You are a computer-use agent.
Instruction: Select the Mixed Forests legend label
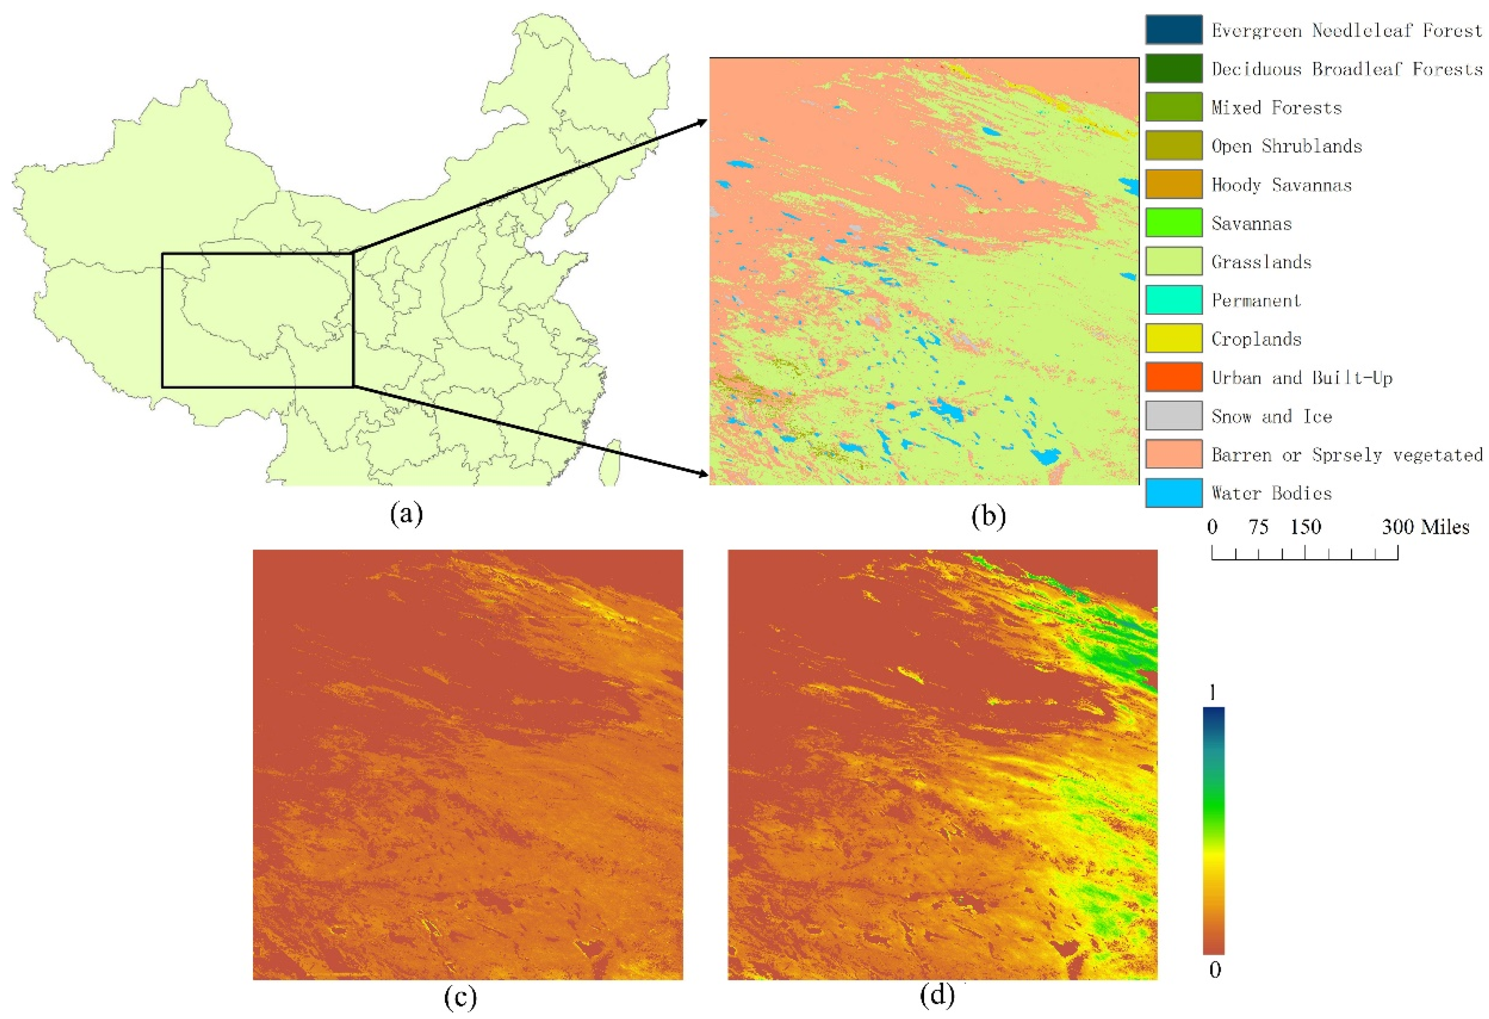pyautogui.click(x=1276, y=108)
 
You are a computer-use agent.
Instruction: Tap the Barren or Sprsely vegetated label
pyautogui.click(x=1346, y=454)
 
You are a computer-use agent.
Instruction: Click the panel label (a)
pyautogui.click(x=406, y=514)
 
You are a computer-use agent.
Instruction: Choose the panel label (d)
pyautogui.click(x=937, y=995)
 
